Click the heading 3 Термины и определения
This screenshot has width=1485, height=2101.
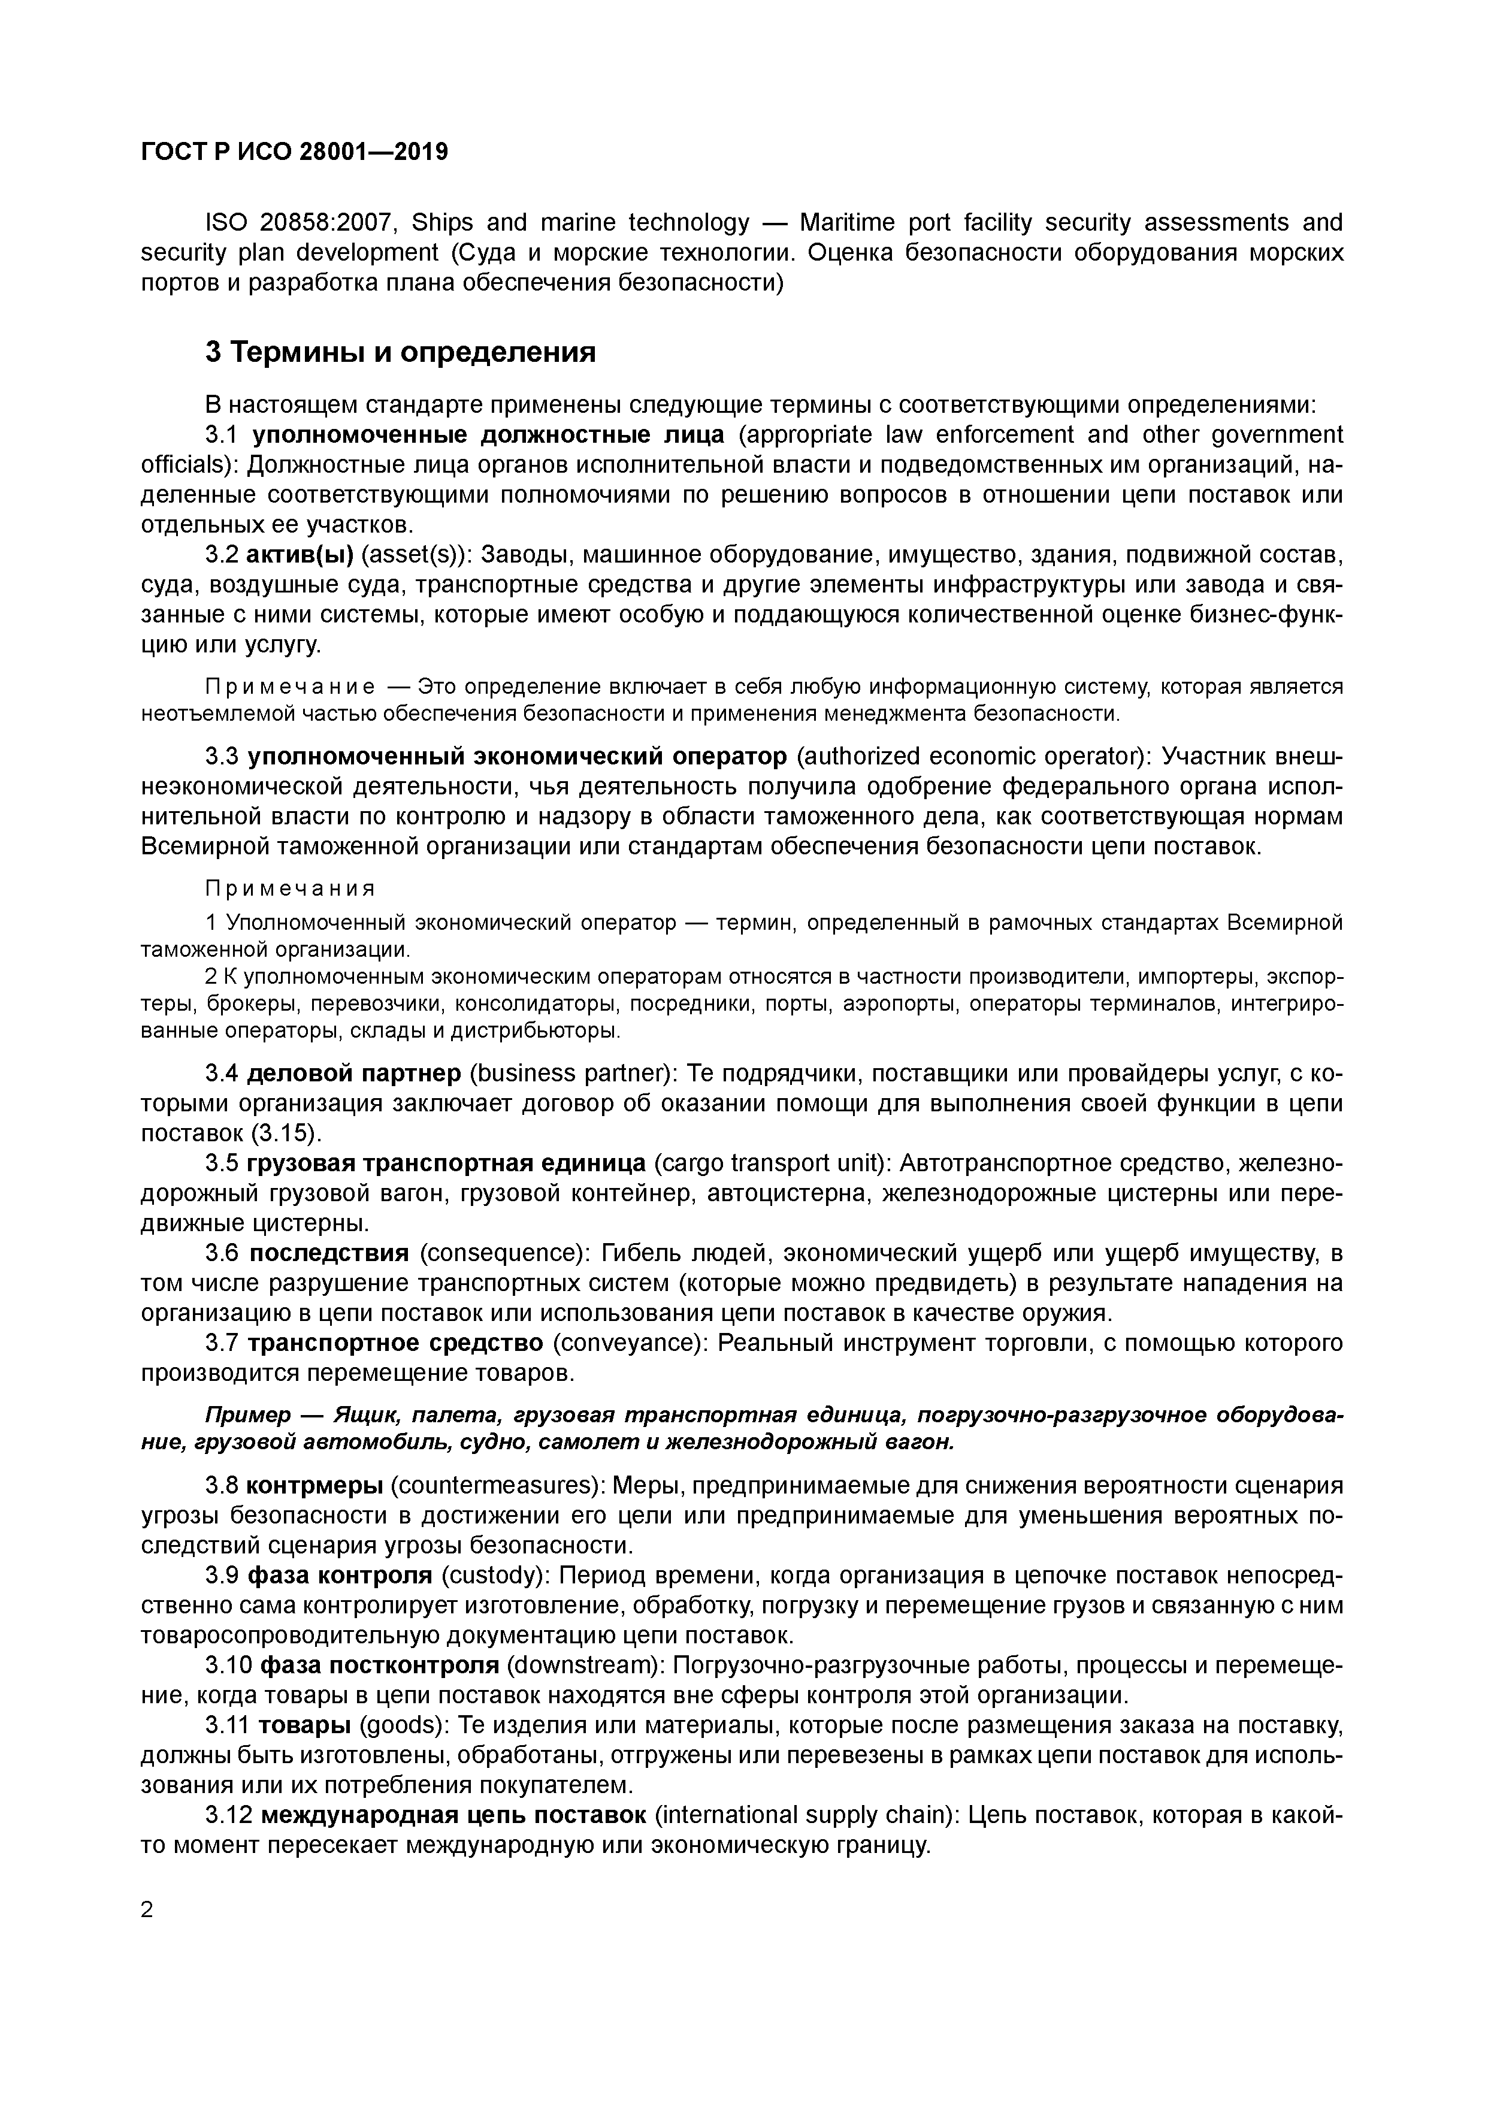(x=400, y=352)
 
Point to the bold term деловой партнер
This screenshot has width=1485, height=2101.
(x=355, y=1072)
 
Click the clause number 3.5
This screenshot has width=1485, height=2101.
(x=222, y=1163)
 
